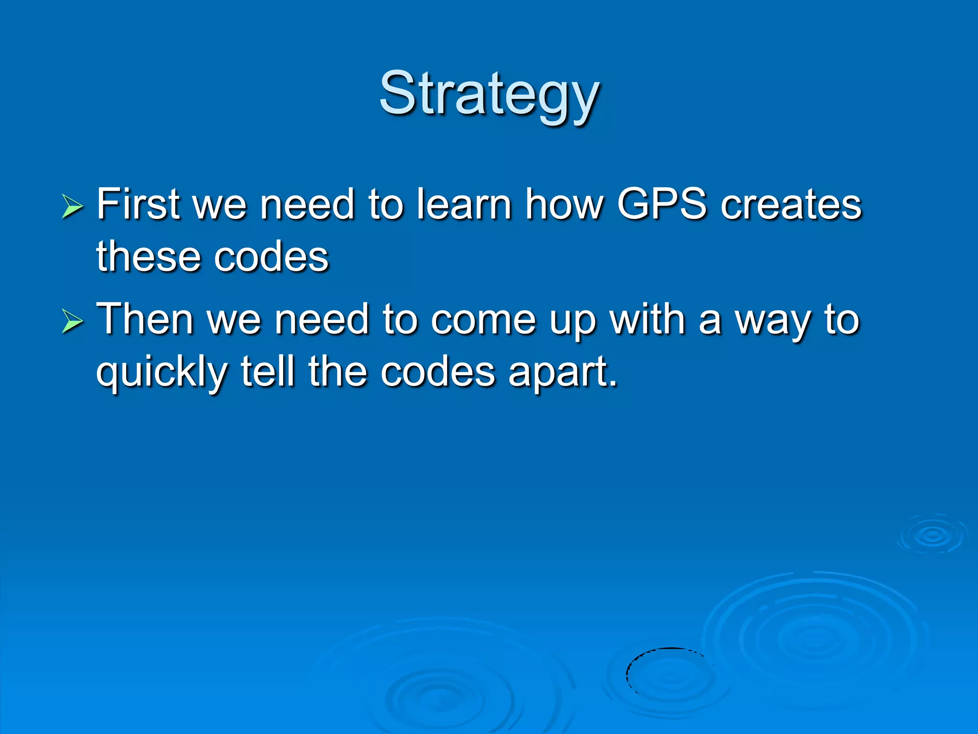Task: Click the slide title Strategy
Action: (x=489, y=94)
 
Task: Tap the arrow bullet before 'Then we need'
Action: (x=73, y=322)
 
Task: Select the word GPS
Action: (x=661, y=204)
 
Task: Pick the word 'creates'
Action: (x=791, y=204)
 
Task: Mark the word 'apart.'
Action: (x=563, y=373)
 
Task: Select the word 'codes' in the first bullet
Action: (x=271, y=257)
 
